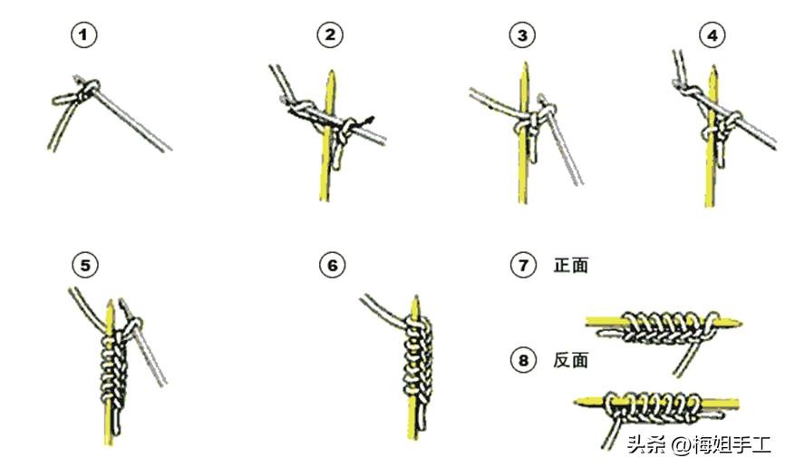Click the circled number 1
click(83, 35)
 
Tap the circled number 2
click(330, 35)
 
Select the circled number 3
click(522, 35)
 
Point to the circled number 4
click(712, 35)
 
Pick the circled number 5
click(85, 265)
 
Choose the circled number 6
click(333, 265)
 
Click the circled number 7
click(523, 265)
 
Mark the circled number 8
click(523, 360)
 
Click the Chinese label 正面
click(571, 265)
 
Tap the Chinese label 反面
click(571, 360)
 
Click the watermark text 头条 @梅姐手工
click(698, 444)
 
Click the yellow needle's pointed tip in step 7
click(739, 324)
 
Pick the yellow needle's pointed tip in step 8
click(577, 402)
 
